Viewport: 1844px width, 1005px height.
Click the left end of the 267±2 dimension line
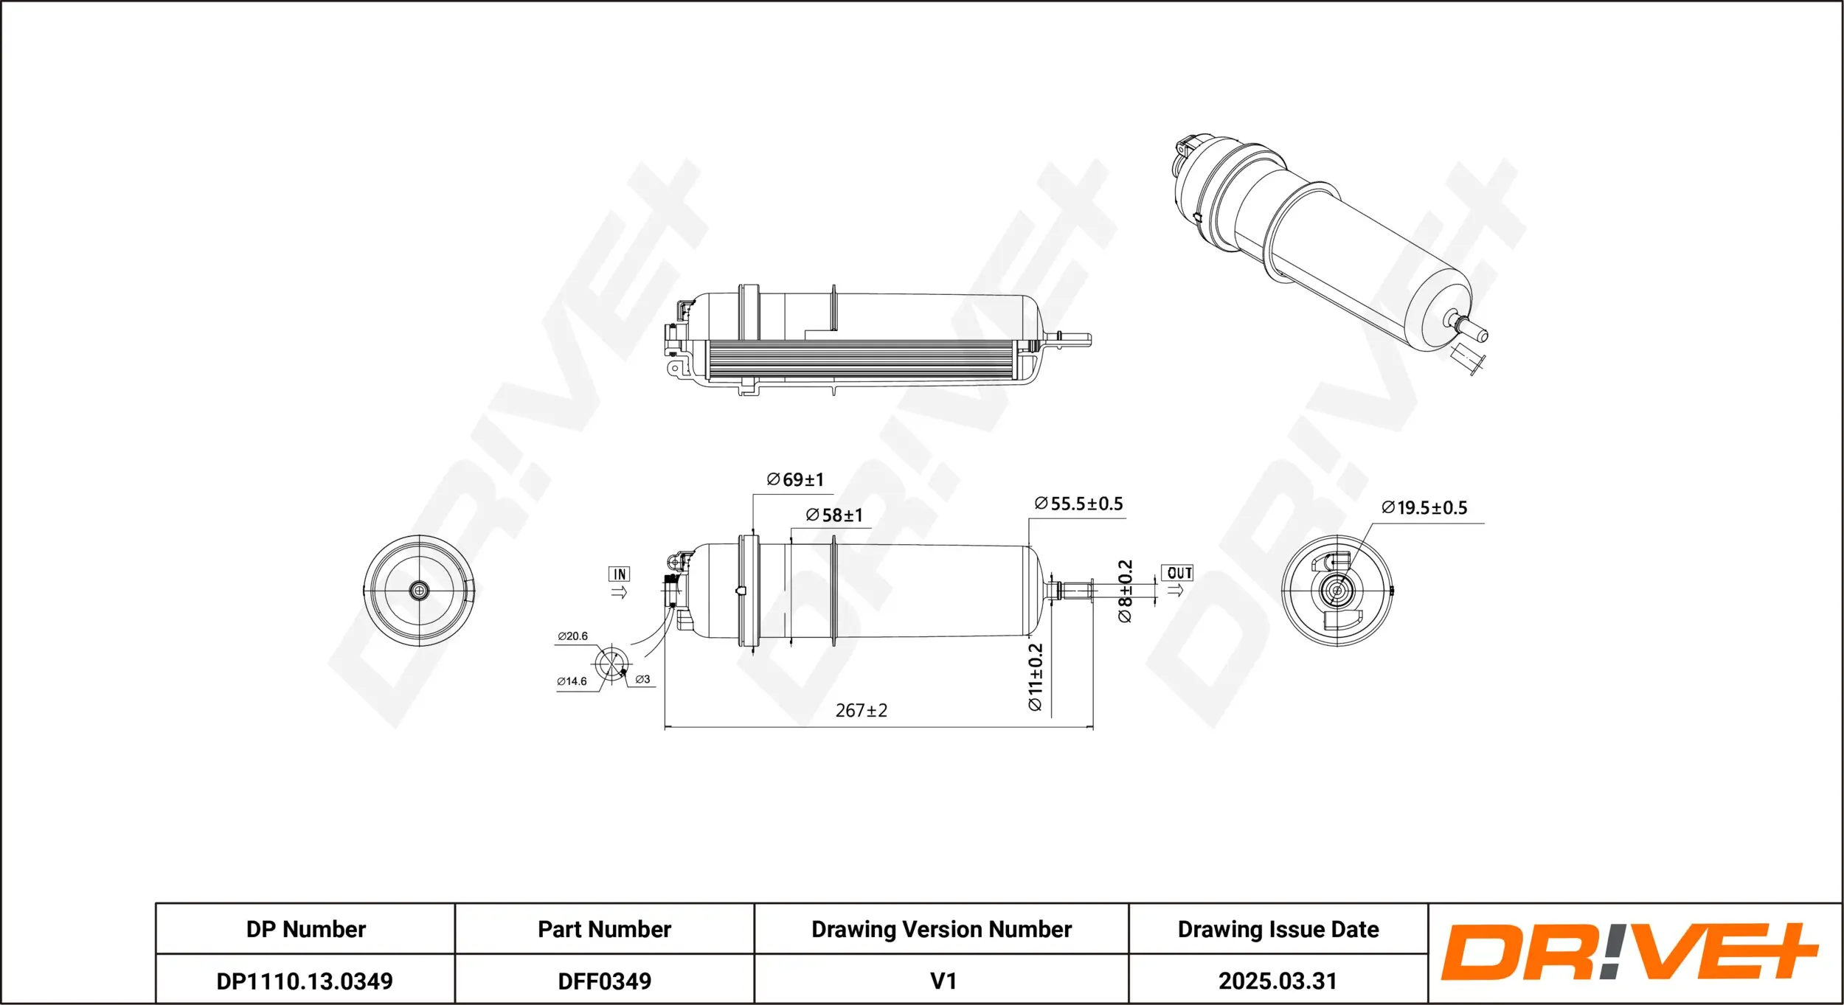tap(665, 728)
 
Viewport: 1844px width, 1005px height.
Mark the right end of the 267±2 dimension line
tap(1093, 728)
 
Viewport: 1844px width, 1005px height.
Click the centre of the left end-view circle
tap(420, 590)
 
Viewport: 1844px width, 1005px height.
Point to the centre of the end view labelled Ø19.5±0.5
tap(1337, 591)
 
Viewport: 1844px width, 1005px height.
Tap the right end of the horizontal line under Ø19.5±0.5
tap(1484, 524)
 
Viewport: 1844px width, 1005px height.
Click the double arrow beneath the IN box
tap(619, 591)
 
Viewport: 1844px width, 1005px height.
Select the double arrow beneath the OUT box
tap(1176, 590)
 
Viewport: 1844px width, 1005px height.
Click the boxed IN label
tap(620, 574)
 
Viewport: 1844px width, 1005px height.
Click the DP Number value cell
tap(305, 981)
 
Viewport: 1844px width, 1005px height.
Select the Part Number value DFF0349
tap(605, 981)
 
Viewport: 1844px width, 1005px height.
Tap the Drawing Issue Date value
tap(1278, 981)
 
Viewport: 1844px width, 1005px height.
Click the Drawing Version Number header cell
tap(941, 929)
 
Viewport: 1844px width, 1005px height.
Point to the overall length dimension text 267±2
tap(862, 710)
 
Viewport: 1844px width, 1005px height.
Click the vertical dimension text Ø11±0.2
tap(1036, 677)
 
